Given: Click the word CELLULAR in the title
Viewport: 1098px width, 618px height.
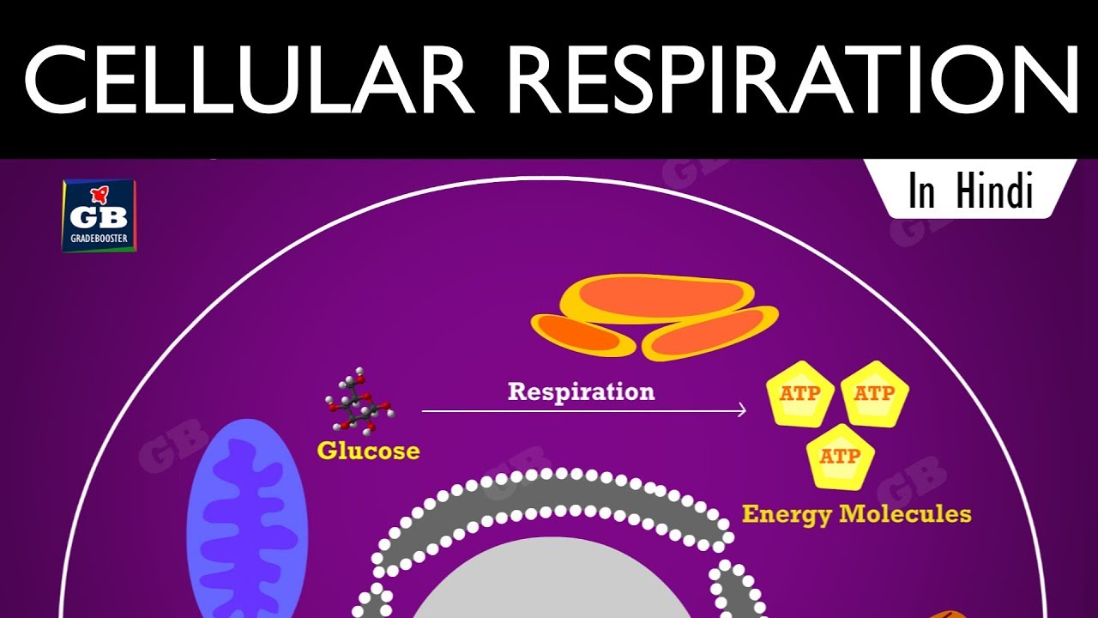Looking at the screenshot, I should [x=249, y=79].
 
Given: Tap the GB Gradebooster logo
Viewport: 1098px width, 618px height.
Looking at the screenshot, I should [x=99, y=215].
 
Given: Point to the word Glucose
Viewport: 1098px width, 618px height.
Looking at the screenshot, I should [x=368, y=450].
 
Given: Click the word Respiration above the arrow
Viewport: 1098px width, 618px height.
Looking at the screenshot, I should [x=581, y=391].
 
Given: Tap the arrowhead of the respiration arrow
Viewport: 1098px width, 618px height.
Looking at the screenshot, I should [x=741, y=411].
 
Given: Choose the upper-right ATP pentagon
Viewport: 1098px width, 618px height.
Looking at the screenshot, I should [x=873, y=394].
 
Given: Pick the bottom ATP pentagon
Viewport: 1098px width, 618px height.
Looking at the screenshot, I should [x=839, y=457].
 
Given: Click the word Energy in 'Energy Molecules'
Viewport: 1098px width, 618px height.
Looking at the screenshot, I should [x=786, y=514].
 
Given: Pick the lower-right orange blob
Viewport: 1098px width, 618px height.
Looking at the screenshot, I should [x=710, y=335].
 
